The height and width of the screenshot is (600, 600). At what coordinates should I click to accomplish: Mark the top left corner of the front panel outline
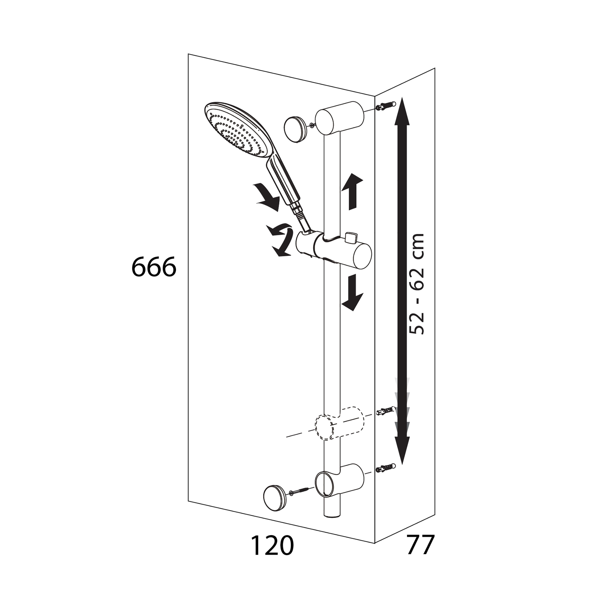(188, 54)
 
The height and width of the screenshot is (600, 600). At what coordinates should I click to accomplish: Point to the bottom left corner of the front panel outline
(188, 501)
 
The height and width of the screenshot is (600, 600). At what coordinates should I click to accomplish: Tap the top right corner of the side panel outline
(435, 68)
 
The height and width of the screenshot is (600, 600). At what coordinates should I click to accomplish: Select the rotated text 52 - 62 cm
(416, 283)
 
